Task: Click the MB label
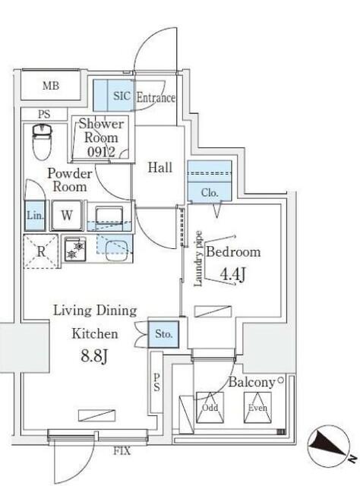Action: (51, 86)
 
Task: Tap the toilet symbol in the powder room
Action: (42, 142)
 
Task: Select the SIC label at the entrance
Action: (122, 96)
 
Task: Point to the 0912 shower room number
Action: (101, 152)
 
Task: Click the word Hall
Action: (159, 167)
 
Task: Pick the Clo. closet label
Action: (210, 193)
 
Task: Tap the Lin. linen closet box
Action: (35, 216)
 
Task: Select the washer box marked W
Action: (67, 216)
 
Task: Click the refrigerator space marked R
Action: (41, 251)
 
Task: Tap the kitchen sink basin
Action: (117, 251)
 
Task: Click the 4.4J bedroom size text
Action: (232, 274)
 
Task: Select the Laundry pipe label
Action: (197, 259)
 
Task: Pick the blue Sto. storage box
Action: (163, 334)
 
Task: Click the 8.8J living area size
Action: (94, 356)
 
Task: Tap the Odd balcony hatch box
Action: (210, 407)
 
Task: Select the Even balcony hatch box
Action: (257, 407)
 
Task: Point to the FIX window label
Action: (122, 450)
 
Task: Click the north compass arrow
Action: (328, 445)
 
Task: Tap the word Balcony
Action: (251, 383)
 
